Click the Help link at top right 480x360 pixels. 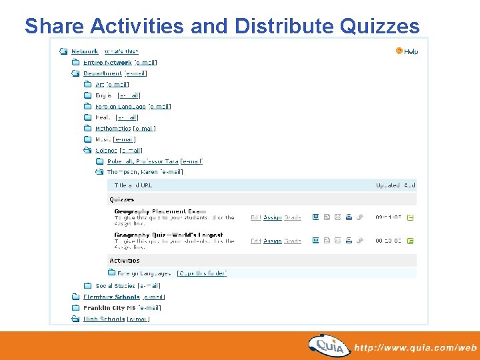(411, 51)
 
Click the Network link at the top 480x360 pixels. (85, 51)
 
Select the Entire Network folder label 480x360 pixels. (107, 63)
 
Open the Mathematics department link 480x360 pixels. (113, 129)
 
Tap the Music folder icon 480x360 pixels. (87, 139)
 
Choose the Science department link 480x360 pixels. (106, 151)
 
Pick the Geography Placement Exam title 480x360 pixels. (159, 211)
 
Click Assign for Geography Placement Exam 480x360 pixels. (272, 217)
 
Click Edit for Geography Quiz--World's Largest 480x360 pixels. (256, 241)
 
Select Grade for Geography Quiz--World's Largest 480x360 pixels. (293, 241)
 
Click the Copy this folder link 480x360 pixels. (202, 273)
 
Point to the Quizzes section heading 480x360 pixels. (122, 199)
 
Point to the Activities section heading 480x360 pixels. (125, 261)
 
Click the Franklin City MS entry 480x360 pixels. (109, 308)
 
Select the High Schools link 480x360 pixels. (104, 319)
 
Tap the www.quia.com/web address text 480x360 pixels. (416, 347)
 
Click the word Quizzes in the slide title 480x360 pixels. (379, 26)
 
